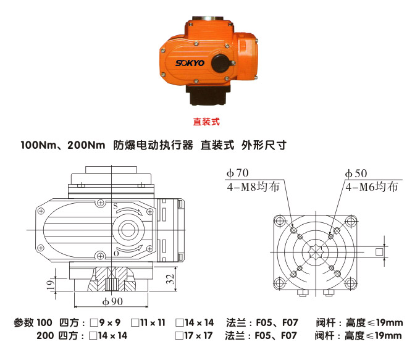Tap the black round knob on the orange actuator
(x=218, y=62)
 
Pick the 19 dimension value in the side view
(x=51, y=285)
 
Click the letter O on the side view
(x=115, y=253)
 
